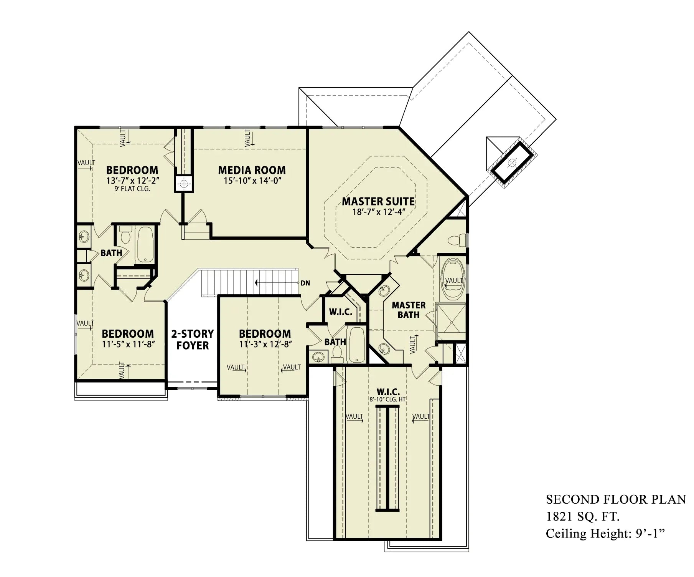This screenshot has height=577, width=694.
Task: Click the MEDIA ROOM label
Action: click(252, 170)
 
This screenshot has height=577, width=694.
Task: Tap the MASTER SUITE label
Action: click(378, 201)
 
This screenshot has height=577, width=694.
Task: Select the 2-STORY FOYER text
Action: click(192, 339)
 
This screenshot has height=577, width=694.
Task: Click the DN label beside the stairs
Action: click(305, 283)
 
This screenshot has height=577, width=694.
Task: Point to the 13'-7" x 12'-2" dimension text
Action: click(132, 181)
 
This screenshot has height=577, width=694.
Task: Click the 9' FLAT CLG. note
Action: click(132, 189)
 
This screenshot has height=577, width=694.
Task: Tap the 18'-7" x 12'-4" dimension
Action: click(379, 212)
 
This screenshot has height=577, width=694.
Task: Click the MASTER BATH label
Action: click(409, 310)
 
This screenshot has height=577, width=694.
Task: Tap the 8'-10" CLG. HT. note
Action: click(388, 400)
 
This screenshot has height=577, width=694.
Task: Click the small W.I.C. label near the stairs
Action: click(340, 312)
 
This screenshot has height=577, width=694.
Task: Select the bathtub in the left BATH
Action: click(145, 244)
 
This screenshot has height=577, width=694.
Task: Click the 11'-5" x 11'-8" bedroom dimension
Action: click(128, 344)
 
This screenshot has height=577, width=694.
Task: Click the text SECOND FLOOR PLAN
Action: click(616, 499)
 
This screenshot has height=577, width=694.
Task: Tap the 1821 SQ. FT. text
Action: click(582, 517)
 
